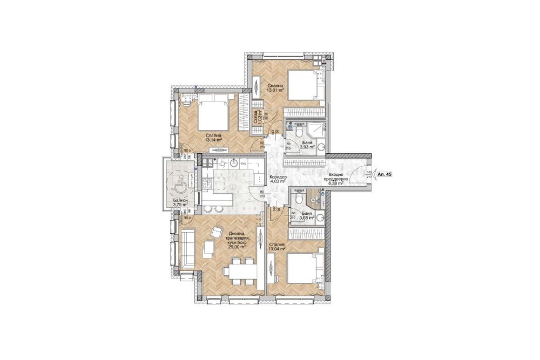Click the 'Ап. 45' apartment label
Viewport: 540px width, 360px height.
(x=384, y=174)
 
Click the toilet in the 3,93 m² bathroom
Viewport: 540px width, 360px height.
(x=298, y=132)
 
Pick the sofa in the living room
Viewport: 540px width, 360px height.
(x=187, y=249)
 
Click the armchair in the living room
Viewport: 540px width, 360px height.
(x=215, y=232)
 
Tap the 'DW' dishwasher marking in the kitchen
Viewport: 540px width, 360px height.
(x=244, y=163)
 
